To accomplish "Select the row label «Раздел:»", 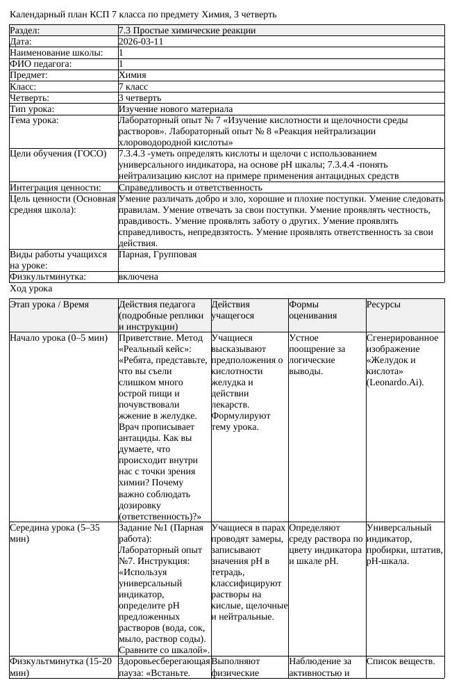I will coord(25,31).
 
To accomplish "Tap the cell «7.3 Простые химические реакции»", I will coord(187,31).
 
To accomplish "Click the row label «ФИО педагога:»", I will coord(41,64).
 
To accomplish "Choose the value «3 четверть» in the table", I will coord(140,98).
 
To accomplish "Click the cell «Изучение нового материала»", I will coord(176,109).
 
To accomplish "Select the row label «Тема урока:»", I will coord(34,120).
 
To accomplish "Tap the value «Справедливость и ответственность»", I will coord(190,188).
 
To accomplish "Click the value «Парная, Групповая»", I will coord(158,255).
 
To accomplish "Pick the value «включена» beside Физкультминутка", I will coord(138,277).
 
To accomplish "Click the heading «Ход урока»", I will coord(31,288).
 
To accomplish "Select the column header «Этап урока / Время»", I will coord(49,305).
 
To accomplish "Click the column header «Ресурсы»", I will coord(383,305).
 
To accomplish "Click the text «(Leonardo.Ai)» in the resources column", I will coord(394,382).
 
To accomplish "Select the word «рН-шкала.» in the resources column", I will coord(387,561).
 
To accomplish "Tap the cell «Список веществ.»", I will coord(401,661).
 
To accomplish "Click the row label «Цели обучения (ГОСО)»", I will coord(53,154).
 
